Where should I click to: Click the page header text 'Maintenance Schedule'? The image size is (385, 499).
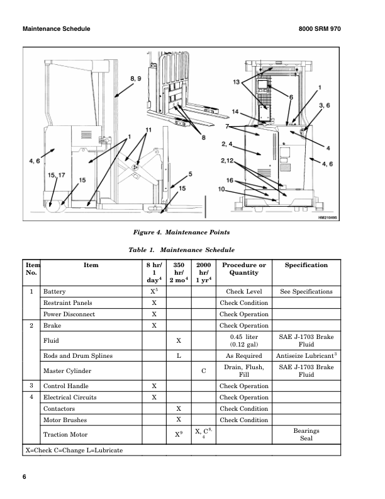point(56,29)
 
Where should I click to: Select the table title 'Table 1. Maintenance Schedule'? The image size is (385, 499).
point(181,250)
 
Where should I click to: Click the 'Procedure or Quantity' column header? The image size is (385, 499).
point(244,269)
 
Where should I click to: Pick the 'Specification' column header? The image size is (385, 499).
point(306,265)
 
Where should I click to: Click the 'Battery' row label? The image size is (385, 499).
point(54,292)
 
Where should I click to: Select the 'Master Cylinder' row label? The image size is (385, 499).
point(67,371)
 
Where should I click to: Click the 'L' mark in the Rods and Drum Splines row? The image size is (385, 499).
point(179,356)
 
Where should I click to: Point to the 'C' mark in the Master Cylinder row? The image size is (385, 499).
point(203,371)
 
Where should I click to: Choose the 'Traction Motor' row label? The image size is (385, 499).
point(65,435)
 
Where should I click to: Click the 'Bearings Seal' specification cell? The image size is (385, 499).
point(306,435)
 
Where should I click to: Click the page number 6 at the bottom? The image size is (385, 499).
point(25,477)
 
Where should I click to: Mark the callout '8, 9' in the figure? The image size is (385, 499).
point(136,78)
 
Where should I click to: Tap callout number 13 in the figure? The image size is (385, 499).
point(236,83)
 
